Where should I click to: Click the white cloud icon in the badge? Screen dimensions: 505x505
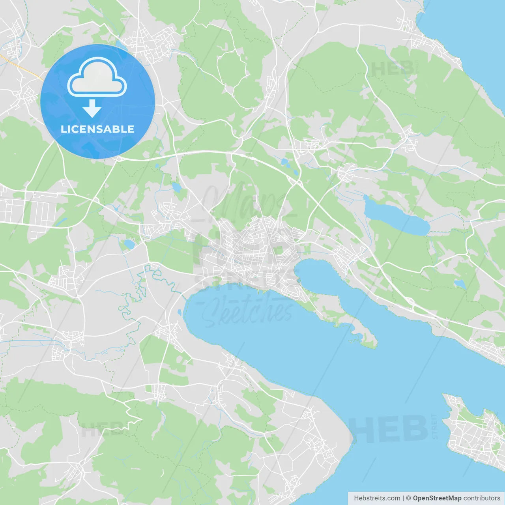click(97, 78)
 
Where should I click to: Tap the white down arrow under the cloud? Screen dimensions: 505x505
click(92, 108)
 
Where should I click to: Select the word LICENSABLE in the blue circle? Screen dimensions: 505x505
click(97, 129)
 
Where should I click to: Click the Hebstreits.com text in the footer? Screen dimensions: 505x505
click(377, 498)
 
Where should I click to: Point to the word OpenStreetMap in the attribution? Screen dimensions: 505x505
click(437, 498)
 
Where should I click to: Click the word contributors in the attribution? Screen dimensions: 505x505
click(482, 498)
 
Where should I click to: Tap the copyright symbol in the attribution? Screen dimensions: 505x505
click(408, 498)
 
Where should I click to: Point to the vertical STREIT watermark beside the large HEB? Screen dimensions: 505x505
click(434, 426)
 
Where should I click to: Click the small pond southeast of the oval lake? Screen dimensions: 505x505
click(460, 284)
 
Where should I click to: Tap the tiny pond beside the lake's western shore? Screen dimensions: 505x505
click(180, 312)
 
